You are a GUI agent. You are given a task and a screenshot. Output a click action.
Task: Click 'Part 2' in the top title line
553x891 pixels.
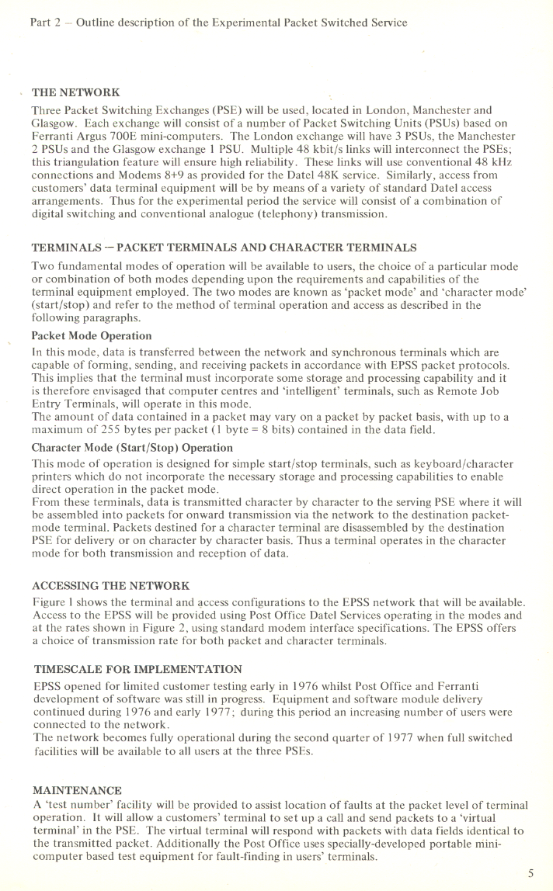coord(41,23)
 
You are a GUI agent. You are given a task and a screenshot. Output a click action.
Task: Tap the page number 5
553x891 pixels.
coord(530,872)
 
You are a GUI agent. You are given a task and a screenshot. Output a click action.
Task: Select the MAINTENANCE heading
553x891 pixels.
coord(77,790)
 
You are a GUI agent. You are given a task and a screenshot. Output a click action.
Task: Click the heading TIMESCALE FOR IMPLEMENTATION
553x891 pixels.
coord(138,668)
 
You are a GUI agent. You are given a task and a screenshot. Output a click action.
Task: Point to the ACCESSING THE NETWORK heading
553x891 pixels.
coord(110,584)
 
